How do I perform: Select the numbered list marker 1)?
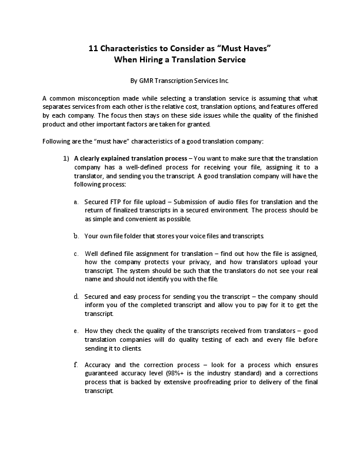coord(66,158)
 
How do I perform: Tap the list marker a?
coord(76,202)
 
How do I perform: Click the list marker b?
coord(76,236)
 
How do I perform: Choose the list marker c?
coord(76,254)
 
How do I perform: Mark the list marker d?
coord(76,296)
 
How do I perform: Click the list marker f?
coord(76,365)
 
